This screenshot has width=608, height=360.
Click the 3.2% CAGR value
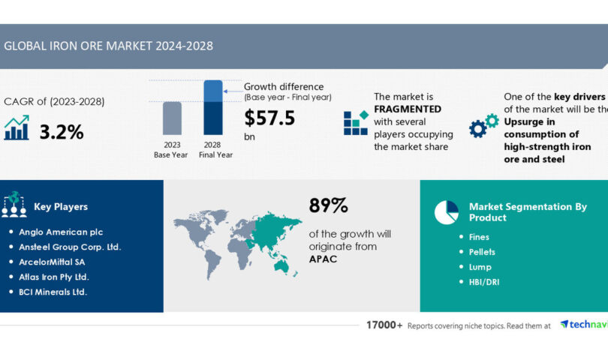pyautogui.click(x=61, y=132)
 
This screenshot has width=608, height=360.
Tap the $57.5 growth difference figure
pyautogui.click(x=269, y=118)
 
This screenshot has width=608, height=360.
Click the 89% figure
pyautogui.click(x=328, y=206)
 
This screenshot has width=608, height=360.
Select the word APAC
pyautogui.click(x=324, y=259)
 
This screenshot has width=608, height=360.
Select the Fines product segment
pyautogui.click(x=479, y=237)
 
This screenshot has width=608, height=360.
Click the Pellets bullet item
pyautogui.click(x=481, y=252)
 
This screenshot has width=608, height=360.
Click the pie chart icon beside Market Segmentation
pyautogui.click(x=446, y=212)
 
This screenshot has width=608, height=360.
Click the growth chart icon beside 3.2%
pyautogui.click(x=17, y=128)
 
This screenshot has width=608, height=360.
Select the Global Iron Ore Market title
pyautogui.click(x=108, y=46)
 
